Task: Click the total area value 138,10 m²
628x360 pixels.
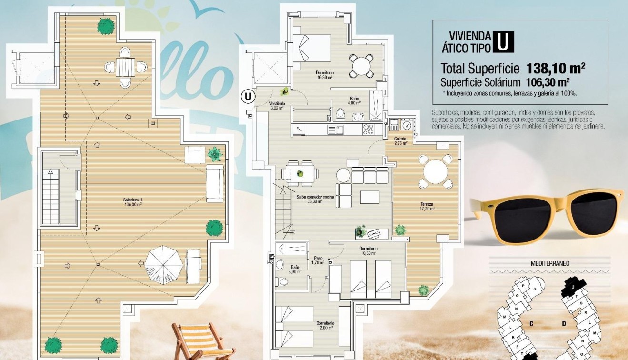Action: click(556, 68)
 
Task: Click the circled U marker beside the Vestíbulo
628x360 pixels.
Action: click(248, 96)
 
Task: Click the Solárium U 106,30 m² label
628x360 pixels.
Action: click(132, 201)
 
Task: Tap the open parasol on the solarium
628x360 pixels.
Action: click(164, 265)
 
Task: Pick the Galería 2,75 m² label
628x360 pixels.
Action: click(400, 140)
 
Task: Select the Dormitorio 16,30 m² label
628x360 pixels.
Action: click(324, 75)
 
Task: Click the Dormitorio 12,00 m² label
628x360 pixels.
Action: click(325, 325)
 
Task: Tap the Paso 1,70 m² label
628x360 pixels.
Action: click(318, 260)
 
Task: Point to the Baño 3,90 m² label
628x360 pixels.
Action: click(295, 269)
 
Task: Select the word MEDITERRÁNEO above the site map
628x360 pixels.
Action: click(550, 263)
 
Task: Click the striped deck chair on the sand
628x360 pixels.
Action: click(198, 341)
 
